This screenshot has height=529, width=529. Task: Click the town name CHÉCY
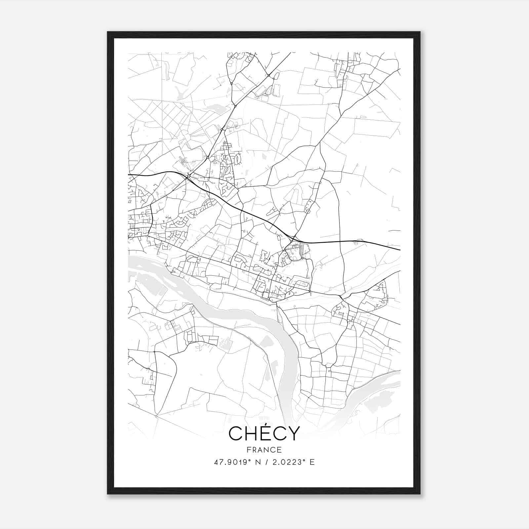click(264, 433)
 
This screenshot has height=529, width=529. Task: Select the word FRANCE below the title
click(264, 450)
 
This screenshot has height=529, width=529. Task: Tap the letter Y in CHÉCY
click(294, 434)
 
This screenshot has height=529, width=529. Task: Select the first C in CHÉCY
click(236, 434)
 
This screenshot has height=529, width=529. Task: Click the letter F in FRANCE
click(248, 450)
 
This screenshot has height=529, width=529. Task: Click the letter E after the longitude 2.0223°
click(312, 462)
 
